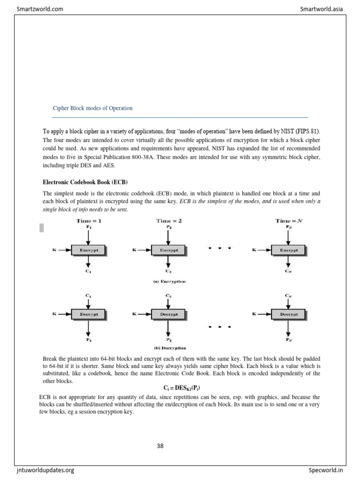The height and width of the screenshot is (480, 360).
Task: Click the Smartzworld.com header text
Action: coord(40,8)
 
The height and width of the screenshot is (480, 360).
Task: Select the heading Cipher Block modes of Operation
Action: coord(93,108)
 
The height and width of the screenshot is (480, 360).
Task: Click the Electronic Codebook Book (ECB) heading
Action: coord(85,182)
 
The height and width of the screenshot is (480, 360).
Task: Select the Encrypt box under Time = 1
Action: coord(89,250)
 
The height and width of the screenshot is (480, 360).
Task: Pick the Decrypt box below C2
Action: coord(168,315)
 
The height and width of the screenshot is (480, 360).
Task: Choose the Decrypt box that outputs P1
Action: coord(89,315)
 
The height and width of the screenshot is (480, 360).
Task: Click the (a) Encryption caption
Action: coord(169,282)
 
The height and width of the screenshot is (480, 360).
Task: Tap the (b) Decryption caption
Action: coord(170,348)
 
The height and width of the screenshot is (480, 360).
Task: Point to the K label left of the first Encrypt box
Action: coord(54,250)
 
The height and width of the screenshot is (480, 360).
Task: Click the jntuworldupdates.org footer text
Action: coord(45,470)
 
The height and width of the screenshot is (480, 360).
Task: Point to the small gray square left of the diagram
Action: coord(42,228)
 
